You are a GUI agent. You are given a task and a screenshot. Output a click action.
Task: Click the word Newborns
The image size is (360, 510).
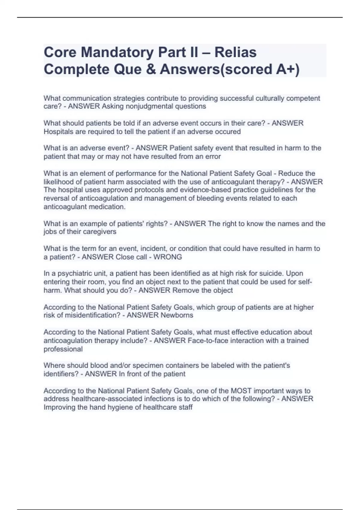[177, 315]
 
